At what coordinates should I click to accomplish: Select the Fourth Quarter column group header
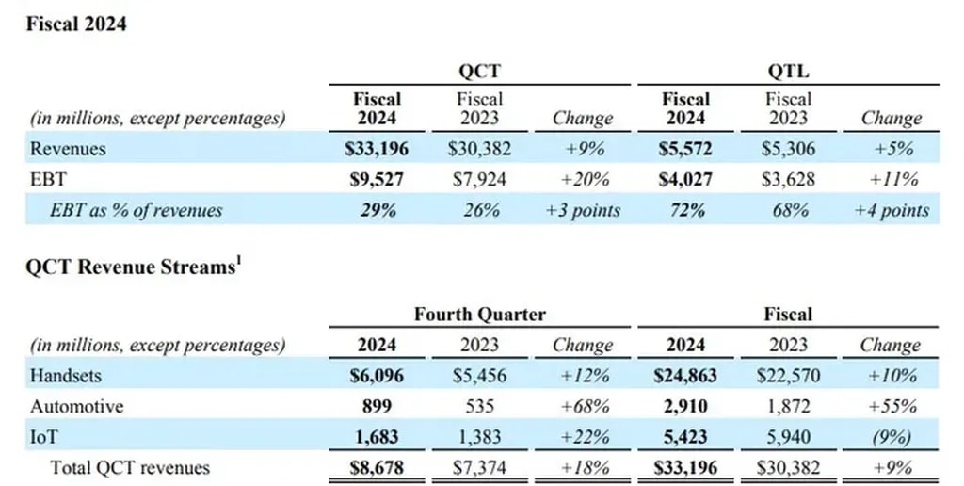480,314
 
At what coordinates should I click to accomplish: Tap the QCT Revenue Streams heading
131,267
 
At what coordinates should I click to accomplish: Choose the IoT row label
43,436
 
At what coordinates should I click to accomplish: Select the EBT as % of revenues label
123,210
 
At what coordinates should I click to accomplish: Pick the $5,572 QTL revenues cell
686,149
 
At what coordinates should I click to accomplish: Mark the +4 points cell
891,210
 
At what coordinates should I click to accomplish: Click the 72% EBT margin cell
686,210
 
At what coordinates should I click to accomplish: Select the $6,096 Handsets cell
378,376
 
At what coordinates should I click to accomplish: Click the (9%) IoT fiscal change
891,436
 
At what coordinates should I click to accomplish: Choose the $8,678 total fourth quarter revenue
378,466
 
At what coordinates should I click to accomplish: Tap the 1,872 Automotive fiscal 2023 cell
789,406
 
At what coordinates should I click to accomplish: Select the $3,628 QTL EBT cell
789,179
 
